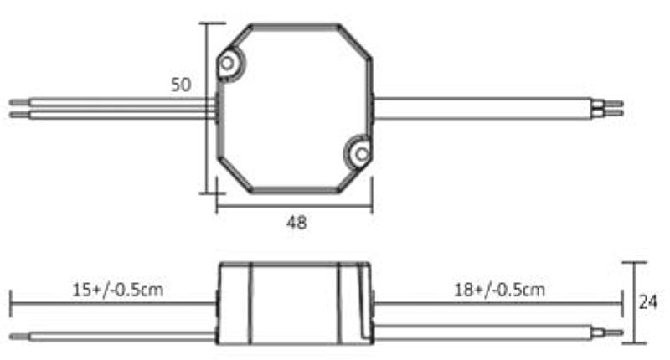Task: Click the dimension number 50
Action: pyautogui.click(x=181, y=85)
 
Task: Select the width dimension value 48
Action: pyautogui.click(x=296, y=223)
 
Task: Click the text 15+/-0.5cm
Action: pyautogui.click(x=117, y=291)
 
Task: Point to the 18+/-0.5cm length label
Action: pyautogui.click(x=499, y=291)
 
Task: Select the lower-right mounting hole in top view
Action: pyautogui.click(x=360, y=153)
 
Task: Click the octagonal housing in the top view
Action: pyautogui.click(x=295, y=107)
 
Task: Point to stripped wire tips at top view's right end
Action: pyautogui.click(x=615, y=108)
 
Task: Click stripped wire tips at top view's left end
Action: pyautogui.click(x=18, y=108)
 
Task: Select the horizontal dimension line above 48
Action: pyautogui.click(x=295, y=203)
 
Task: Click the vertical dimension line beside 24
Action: pyautogui.click(x=635, y=302)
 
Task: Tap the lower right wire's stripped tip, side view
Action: pyautogui.click(x=613, y=332)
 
